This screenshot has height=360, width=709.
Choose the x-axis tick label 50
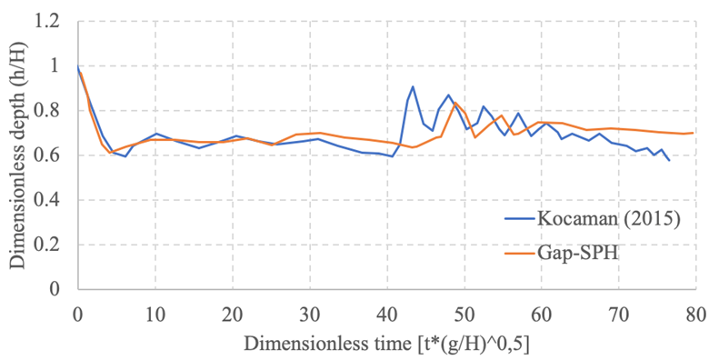tap(464, 315)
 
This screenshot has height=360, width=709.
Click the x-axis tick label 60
tap(541, 315)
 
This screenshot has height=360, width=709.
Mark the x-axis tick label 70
tap(618, 315)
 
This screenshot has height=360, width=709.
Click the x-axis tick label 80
tap(695, 315)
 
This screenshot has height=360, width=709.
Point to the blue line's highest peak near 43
tap(413, 86)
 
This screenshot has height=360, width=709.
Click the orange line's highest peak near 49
tap(454, 103)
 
